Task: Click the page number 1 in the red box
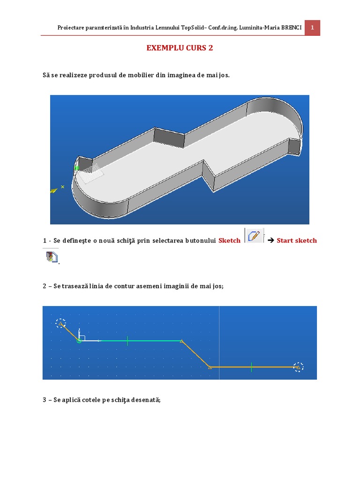pos(312,28)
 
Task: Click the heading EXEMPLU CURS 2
pos(180,48)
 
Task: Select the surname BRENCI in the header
pos(292,28)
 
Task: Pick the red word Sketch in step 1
pos(229,240)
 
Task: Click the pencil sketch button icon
pos(254,236)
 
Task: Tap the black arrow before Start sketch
pos(270,240)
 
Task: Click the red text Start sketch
pos(297,240)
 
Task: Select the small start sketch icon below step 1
pos(52,257)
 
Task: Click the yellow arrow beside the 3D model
pos(54,191)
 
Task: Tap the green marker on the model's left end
pos(76,168)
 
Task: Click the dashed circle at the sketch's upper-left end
pos(60,323)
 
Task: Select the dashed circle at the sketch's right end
pos(298,367)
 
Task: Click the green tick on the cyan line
pos(127,341)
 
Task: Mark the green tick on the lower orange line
pos(251,367)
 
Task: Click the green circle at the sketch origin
pos(79,341)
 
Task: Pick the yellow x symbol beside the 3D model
pos(62,187)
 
